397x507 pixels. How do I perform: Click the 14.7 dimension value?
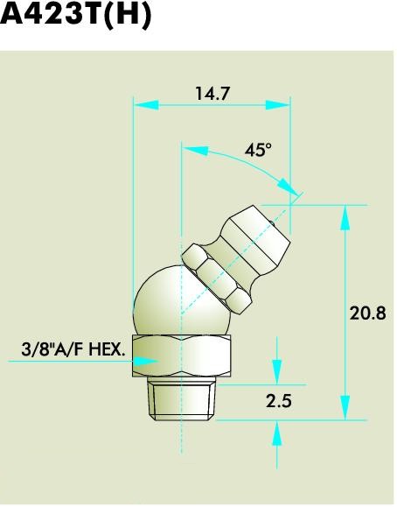[x=212, y=94]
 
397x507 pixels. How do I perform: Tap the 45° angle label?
[x=258, y=151]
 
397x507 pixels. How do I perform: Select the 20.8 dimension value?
[x=367, y=313]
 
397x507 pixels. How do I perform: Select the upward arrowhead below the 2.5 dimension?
[x=277, y=432]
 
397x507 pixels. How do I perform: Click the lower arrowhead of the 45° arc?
[x=286, y=187]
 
